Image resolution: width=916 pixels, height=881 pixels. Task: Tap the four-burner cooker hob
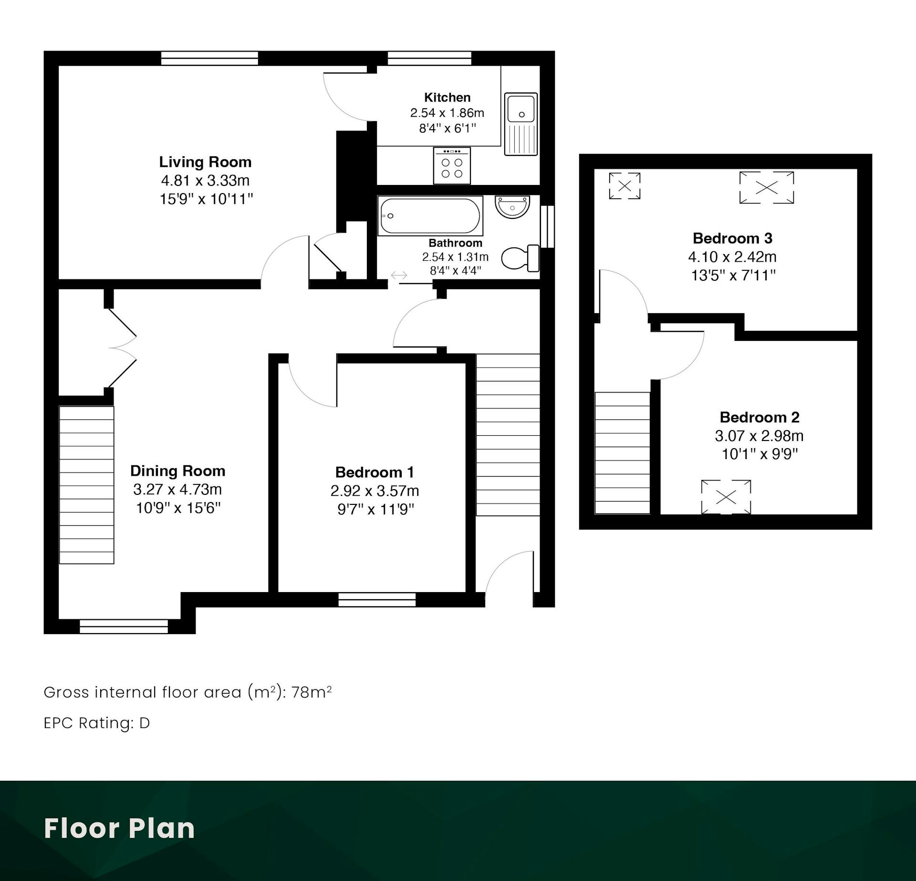tap(452, 165)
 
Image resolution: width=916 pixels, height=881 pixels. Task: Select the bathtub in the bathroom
tap(430, 215)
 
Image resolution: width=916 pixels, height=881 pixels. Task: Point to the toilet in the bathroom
tap(520, 258)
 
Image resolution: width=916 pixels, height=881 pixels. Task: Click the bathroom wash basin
tap(512, 206)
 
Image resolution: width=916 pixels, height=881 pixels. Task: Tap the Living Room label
tap(205, 162)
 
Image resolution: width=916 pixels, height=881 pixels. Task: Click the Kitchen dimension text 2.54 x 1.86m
tap(447, 113)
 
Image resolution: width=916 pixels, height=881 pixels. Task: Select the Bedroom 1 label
tap(375, 472)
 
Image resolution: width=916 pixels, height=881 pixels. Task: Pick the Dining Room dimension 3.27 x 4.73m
tap(177, 490)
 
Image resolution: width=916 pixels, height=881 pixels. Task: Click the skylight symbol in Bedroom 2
tap(726, 497)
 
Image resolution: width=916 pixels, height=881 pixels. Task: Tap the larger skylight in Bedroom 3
tap(767, 187)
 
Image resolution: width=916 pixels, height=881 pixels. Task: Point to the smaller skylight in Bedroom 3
tap(625, 185)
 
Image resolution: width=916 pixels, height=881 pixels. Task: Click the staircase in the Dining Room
tap(86, 485)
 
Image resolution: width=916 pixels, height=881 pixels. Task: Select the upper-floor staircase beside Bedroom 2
tap(622, 453)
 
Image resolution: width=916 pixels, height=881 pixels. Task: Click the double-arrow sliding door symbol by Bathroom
tap(399, 275)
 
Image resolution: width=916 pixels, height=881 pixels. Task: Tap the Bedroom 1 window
tap(377, 599)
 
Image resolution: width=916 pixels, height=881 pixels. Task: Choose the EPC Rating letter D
tap(145, 723)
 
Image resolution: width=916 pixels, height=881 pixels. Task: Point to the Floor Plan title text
tap(119, 829)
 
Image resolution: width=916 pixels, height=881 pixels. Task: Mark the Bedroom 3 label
tap(732, 238)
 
